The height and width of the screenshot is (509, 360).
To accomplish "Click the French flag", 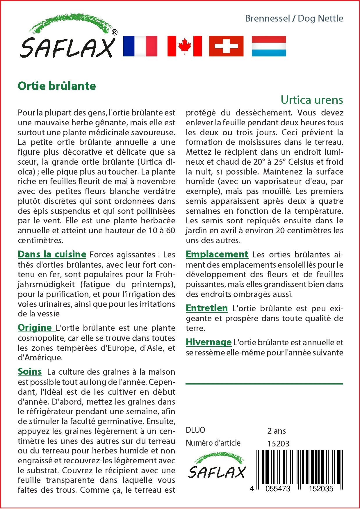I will coord(140,46).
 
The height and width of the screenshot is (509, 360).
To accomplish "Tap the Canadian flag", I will coord(185,46).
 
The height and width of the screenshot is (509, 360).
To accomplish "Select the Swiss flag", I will coord(226,46).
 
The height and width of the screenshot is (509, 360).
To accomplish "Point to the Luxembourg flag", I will coord(269,46).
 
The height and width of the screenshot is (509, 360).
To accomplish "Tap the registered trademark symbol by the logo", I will coord(115,32).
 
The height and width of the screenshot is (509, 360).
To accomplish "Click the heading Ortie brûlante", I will coord(57,86).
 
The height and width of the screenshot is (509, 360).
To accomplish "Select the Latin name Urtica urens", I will coord(312,100).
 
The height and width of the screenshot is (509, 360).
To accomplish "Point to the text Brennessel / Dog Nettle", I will coord(294,18).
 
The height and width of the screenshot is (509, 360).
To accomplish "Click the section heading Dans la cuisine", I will coord(52,254).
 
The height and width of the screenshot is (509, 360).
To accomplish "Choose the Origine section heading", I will coord(35,328).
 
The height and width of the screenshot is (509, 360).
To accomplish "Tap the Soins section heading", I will coord(30,371).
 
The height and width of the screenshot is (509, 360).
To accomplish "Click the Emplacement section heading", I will coord(217,254).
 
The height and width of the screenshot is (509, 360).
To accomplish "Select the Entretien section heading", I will coord(207,308).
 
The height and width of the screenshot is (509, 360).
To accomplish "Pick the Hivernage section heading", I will coord(208,342).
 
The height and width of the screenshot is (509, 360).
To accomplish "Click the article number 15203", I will coord(278,444).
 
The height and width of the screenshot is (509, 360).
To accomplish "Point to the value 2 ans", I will coord(276,431).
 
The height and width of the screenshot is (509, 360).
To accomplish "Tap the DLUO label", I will coord(195,430).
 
